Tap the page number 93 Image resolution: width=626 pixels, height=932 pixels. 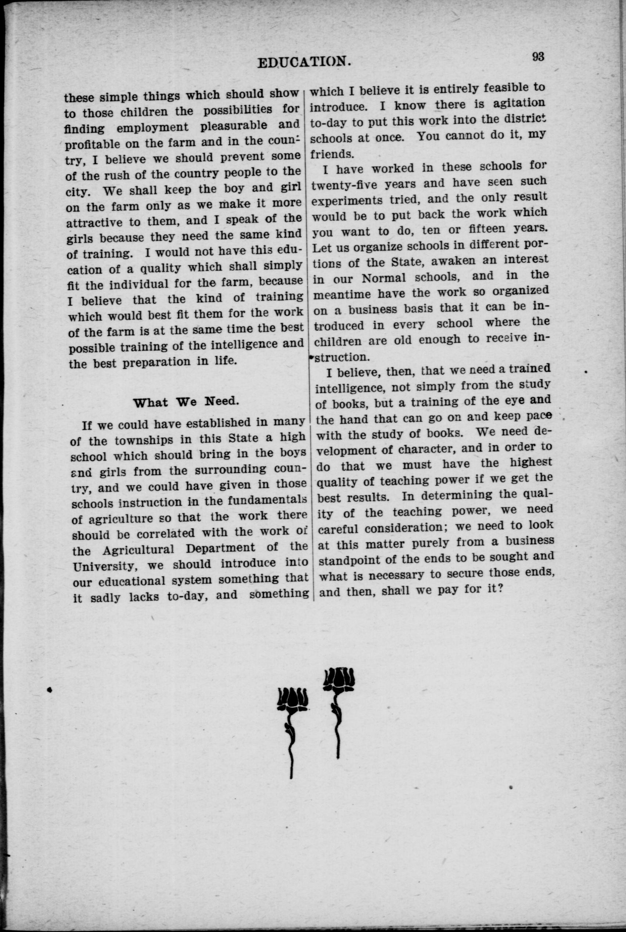pos(538,57)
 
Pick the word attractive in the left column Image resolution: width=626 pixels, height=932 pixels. pos(94,222)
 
